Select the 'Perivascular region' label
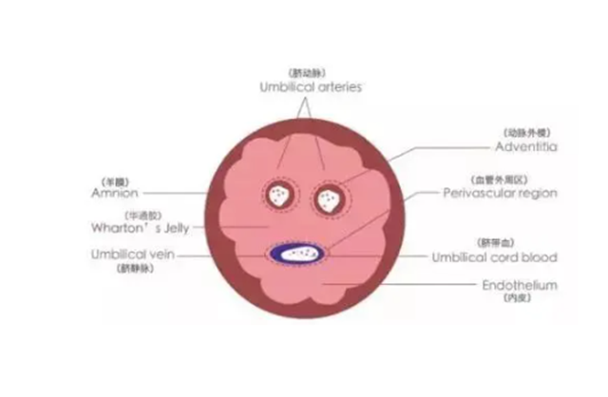pos(500,193)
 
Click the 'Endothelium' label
pos(519,285)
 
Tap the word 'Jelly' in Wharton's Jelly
pos(177,229)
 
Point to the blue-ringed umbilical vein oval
pos(298,254)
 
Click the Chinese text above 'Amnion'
pos(113,178)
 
